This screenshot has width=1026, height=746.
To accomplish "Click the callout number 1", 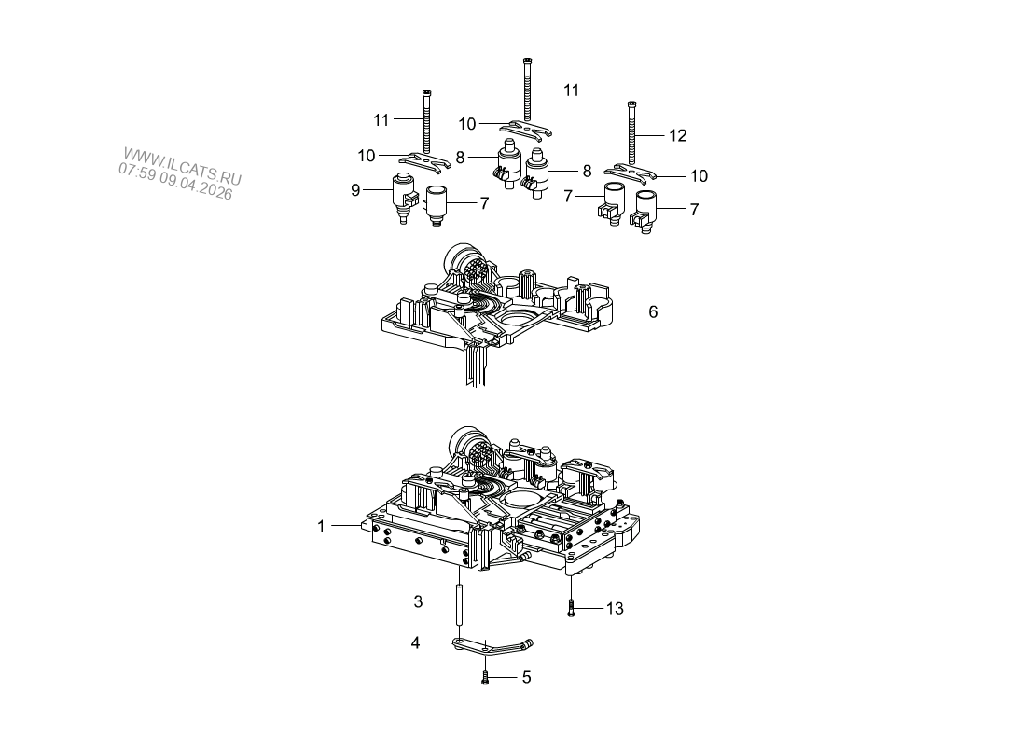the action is [x=321, y=526].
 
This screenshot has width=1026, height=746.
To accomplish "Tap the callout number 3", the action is [x=418, y=601].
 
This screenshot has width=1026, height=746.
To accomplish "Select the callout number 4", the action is [x=415, y=642].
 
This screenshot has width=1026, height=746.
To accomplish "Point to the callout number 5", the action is [x=526, y=677].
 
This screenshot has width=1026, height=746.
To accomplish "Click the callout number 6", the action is [x=652, y=312].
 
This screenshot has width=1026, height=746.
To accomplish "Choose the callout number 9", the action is [x=355, y=190].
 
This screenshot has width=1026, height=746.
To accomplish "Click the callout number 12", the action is [x=678, y=135].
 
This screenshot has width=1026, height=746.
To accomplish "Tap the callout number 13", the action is [x=615, y=609].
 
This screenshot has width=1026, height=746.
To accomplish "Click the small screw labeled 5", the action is [x=485, y=678].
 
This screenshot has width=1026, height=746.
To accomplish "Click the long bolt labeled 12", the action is [x=632, y=133].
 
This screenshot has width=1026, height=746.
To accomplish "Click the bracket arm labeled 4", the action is [x=492, y=648].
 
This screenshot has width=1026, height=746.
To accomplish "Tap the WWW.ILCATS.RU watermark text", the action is [x=183, y=166].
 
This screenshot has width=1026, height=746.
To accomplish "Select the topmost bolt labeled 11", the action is [x=527, y=90].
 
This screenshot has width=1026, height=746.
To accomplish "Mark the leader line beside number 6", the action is [x=627, y=311].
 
